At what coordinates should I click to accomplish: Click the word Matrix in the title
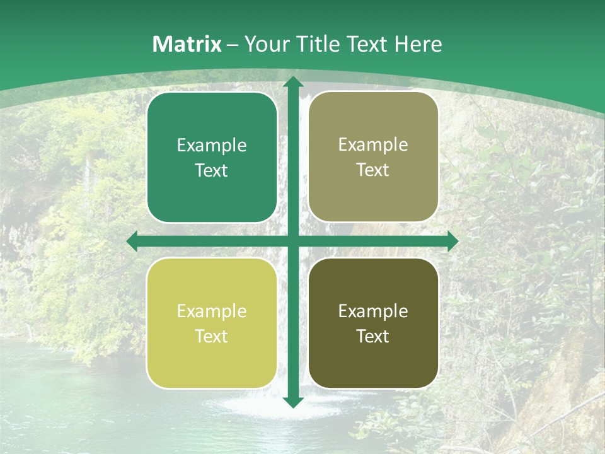[187, 44]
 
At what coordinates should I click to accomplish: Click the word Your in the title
[267, 44]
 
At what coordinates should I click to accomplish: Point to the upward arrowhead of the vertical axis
[292, 82]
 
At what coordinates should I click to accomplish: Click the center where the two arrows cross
[292, 242]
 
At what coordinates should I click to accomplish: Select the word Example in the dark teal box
[212, 146]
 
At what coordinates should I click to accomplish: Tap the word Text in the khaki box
[373, 170]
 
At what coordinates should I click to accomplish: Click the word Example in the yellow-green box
[212, 311]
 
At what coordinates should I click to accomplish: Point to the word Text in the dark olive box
[373, 336]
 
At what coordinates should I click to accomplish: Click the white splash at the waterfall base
[265, 407]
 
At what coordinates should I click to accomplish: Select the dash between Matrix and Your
[233, 45]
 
